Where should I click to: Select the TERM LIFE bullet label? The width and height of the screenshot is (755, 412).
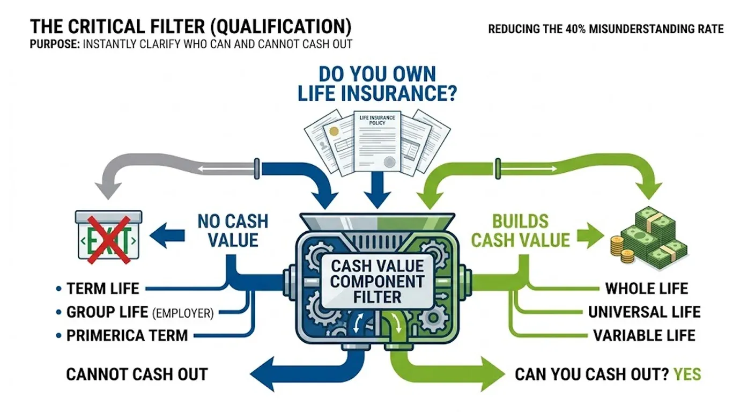(x=102, y=289)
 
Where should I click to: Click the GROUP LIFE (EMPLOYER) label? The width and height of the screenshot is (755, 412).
(x=139, y=312)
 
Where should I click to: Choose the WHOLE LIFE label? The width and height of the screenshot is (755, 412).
(x=646, y=289)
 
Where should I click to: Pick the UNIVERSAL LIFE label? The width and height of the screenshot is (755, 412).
(x=644, y=312)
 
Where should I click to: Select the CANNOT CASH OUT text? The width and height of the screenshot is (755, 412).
(x=137, y=374)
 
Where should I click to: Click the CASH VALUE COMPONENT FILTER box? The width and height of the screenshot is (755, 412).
(x=377, y=281)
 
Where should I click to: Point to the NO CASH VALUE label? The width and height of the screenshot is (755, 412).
(x=233, y=231)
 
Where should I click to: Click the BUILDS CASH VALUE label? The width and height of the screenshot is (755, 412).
(x=520, y=231)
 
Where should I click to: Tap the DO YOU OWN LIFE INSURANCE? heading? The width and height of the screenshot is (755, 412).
(x=377, y=84)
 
